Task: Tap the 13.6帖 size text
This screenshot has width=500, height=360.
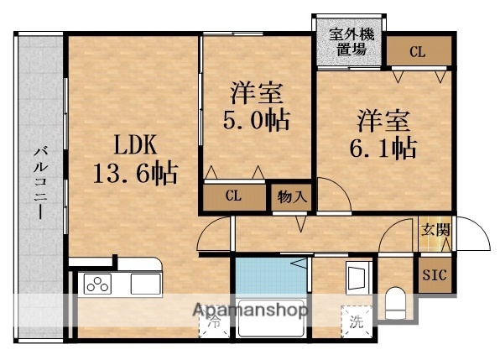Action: click(134, 174)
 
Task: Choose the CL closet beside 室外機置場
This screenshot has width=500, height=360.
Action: click(417, 52)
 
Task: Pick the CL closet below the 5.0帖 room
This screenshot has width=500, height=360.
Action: click(234, 198)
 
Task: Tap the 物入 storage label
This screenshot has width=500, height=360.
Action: click(290, 199)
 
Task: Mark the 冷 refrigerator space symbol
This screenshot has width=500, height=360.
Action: click(214, 320)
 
